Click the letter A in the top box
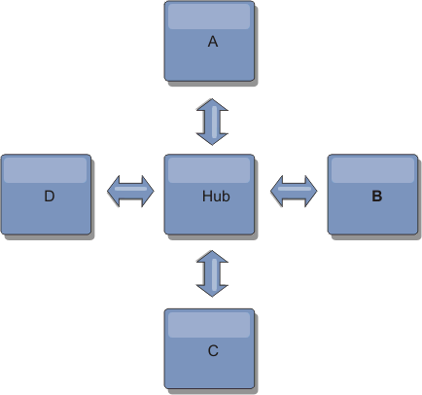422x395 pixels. pyautogui.click(x=213, y=42)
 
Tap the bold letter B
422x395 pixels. pyautogui.click(x=377, y=196)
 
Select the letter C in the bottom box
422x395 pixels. pyautogui.click(x=213, y=350)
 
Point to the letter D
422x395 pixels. pyautogui.click(x=50, y=197)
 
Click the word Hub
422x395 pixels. pyautogui.click(x=216, y=197)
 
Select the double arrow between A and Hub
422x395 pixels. pyautogui.click(x=212, y=122)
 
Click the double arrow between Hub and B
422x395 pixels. pyautogui.click(x=294, y=191)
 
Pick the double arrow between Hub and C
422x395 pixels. pyautogui.click(x=212, y=273)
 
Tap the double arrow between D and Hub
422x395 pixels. pyautogui.click(x=130, y=191)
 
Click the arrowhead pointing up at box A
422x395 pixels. pyautogui.click(x=212, y=104)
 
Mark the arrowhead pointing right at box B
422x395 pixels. pyautogui.click(x=311, y=191)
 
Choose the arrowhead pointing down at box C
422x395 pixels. pyautogui.click(x=212, y=291)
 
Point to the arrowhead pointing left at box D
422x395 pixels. pyautogui.click(x=114, y=191)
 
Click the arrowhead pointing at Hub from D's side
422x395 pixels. pyautogui.click(x=148, y=191)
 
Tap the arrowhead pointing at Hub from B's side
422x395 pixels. pyautogui.click(x=276, y=191)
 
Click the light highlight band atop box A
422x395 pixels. pyautogui.click(x=209, y=17)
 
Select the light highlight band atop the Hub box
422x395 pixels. pyautogui.click(x=209, y=170)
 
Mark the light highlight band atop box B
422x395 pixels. pyautogui.click(x=372, y=170)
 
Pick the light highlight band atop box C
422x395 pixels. pyautogui.click(x=209, y=325)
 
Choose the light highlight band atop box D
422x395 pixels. pyautogui.click(x=46, y=170)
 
